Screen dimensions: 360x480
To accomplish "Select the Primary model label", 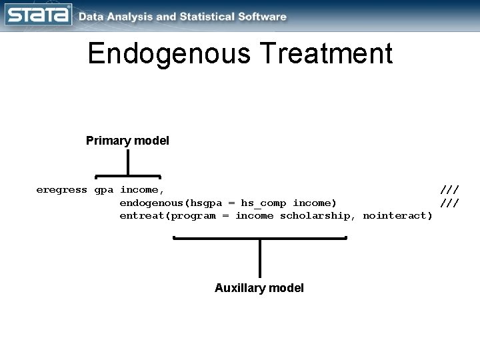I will pos(127,141).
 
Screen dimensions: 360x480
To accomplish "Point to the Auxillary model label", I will pos(259,288).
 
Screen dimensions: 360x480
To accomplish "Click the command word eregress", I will pos(61,189).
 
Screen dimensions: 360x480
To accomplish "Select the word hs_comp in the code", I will pos(263,203).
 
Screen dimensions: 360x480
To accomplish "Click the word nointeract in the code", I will pos(397,215).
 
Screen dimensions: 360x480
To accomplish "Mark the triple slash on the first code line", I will pos(449,189).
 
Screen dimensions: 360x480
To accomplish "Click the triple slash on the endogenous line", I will pos(449,203).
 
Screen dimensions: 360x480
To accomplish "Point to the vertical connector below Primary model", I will pos(127,163).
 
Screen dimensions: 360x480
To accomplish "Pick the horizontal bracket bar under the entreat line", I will pos(259,238).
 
